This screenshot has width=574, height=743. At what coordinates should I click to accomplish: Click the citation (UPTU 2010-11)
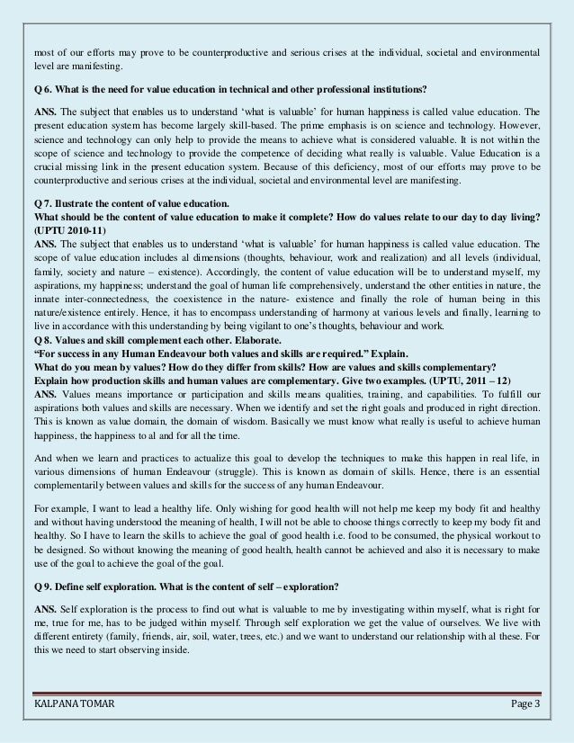tap(63, 229)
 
